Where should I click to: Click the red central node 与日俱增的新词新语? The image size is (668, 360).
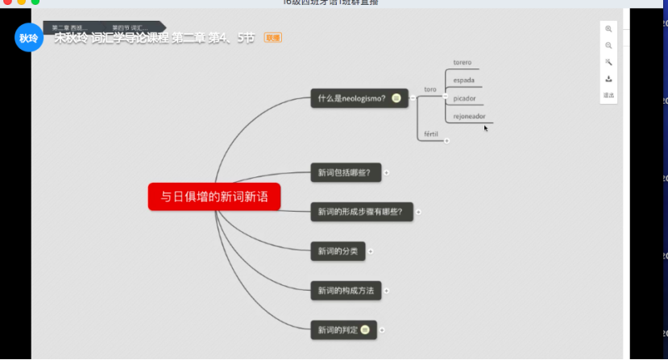click(214, 197)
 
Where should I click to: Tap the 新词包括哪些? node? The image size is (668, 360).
click(345, 172)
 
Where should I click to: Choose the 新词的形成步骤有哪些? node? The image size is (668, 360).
click(360, 212)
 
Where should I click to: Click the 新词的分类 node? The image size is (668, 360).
click(338, 251)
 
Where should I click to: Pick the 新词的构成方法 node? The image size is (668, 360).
click(346, 291)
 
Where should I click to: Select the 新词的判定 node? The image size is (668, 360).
click(337, 329)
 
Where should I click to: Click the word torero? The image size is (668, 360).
click(463, 63)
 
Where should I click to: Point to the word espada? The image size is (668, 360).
click(463, 81)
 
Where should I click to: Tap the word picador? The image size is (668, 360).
click(464, 98)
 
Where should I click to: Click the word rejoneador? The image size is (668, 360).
click(469, 116)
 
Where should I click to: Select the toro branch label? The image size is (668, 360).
click(430, 89)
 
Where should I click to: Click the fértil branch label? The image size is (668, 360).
click(431, 133)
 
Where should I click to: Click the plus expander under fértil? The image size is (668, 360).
click(446, 141)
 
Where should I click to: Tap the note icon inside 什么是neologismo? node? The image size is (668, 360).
click(396, 98)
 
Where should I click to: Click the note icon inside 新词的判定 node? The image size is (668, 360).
click(365, 329)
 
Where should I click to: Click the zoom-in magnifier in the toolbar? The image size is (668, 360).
click(608, 29)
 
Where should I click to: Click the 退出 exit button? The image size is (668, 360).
click(608, 95)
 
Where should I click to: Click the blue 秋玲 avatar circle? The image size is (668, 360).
click(29, 37)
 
